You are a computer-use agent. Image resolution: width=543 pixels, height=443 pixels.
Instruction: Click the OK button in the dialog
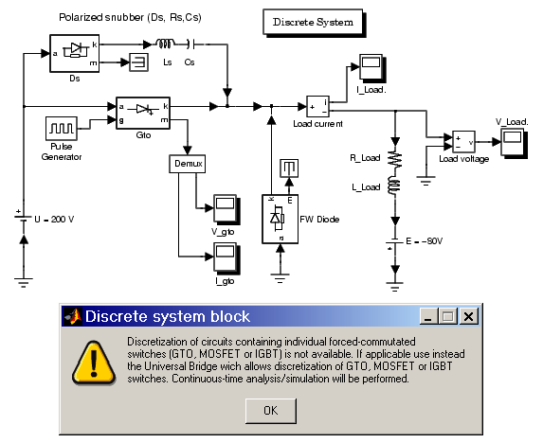click(271, 411)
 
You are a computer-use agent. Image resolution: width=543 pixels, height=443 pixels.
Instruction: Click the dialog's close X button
click(468, 316)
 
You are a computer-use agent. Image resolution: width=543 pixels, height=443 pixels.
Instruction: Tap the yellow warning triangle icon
click(94, 363)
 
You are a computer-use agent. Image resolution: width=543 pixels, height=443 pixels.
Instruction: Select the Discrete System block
click(313, 22)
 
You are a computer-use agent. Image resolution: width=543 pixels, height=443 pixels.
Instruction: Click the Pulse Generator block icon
click(62, 129)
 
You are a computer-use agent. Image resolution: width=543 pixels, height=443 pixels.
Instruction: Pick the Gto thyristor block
click(143, 113)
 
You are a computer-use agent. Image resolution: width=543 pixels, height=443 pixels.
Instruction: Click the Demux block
click(188, 164)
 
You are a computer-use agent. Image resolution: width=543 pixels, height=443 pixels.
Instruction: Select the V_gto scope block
click(226, 209)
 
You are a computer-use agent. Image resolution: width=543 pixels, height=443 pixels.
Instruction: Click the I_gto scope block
click(226, 257)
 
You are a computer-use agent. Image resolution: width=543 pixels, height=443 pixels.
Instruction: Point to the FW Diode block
click(281, 220)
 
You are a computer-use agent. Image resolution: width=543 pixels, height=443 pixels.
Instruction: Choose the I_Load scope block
click(372, 67)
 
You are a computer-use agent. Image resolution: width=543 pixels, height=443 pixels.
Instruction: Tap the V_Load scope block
click(514, 143)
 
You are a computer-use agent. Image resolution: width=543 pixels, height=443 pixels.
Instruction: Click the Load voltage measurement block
click(463, 141)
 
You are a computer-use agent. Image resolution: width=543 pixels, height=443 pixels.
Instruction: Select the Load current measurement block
click(317, 107)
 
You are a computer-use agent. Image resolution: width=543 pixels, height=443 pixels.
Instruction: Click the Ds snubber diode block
click(75, 53)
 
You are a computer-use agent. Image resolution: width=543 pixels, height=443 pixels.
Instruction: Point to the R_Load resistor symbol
click(395, 159)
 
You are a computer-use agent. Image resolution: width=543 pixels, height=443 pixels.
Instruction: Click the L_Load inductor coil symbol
click(394, 186)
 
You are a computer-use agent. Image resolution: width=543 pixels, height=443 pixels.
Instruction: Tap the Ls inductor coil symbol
click(165, 44)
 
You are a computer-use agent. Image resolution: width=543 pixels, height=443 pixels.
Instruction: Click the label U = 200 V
click(54, 220)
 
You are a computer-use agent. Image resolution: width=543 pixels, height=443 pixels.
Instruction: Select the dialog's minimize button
click(429, 316)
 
